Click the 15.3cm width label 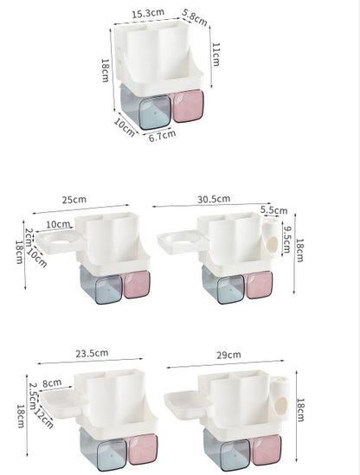coord(148,14)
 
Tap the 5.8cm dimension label coord(195,17)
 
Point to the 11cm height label coord(215,54)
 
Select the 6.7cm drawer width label coord(162,135)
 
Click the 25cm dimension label coord(74,200)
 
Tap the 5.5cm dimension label coord(273,210)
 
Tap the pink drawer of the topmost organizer coord(187,105)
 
